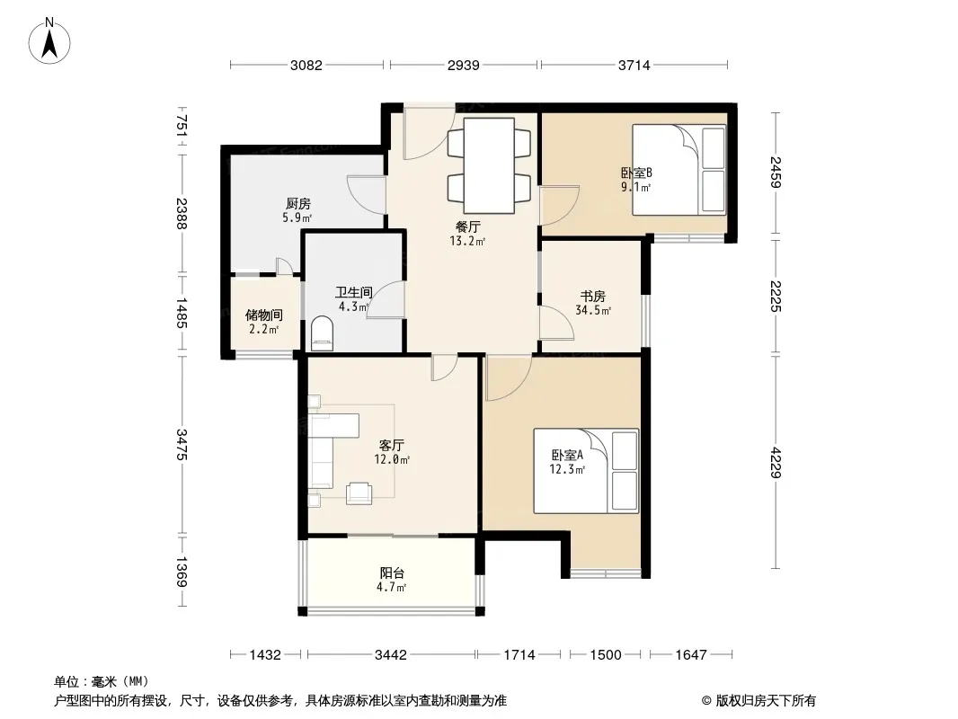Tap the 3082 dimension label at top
tap(306, 65)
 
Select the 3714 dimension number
tap(634, 65)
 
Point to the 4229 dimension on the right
tap(776, 463)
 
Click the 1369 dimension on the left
tap(182, 572)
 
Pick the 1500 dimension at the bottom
tap(606, 655)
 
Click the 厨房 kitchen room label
tap(298, 203)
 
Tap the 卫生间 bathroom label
tap(354, 293)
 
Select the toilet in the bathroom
tap(322, 333)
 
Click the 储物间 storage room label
tap(264, 315)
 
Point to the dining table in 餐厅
tap(489, 165)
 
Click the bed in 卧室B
tap(679, 170)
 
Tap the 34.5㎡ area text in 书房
tap(593, 310)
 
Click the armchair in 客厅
tap(359, 493)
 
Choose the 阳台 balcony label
tap(392, 573)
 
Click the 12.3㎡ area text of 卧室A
tap(568, 470)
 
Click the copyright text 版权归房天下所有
tap(766, 701)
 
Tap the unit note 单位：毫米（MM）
tap(102, 682)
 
